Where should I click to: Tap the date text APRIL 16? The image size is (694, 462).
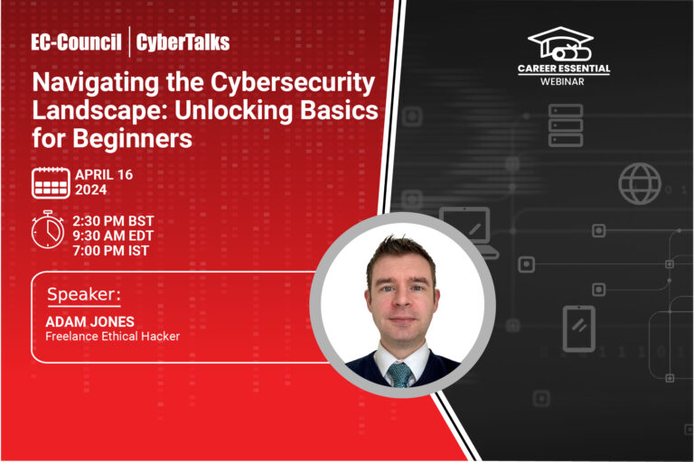pos(104,174)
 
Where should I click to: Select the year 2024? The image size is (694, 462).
pos(91,190)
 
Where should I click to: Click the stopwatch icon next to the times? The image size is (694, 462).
pos(48,229)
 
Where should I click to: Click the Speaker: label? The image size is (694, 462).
pos(82,295)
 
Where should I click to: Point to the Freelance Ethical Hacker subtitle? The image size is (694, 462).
pos(113,337)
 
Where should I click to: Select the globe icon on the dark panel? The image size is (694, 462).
pos(640,183)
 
